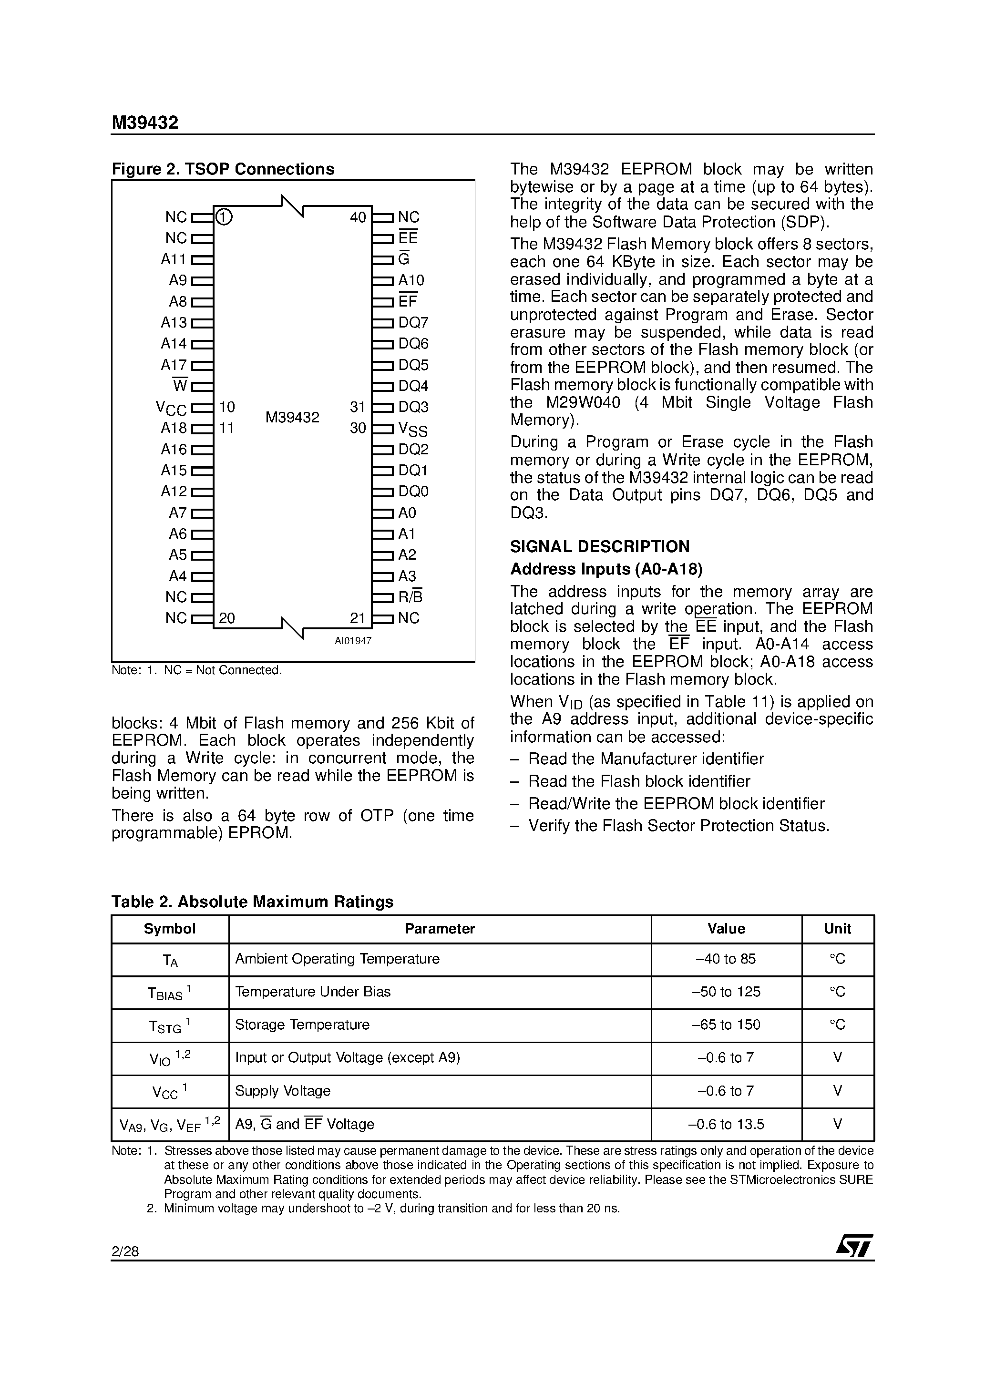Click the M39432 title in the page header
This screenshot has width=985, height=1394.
(x=144, y=123)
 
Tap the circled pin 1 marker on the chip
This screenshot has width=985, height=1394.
(x=224, y=217)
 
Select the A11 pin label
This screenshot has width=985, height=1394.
(x=174, y=259)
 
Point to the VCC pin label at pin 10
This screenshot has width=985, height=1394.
(x=171, y=409)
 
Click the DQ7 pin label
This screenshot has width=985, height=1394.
(x=413, y=322)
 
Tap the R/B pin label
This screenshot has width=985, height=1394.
(x=410, y=597)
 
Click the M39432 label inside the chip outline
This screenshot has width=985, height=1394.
(x=292, y=418)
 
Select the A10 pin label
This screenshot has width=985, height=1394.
(x=411, y=280)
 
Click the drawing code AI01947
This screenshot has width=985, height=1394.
(x=353, y=641)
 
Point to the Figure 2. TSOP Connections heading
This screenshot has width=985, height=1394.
(x=223, y=169)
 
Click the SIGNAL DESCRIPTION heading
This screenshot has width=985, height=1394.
(x=599, y=546)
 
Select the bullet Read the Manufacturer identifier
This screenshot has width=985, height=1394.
(x=646, y=759)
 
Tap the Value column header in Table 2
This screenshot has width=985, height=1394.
(x=726, y=928)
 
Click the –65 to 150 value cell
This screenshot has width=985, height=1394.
(x=726, y=1025)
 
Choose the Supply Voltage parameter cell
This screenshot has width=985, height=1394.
(x=283, y=1091)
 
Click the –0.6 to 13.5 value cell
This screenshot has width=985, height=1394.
(x=726, y=1125)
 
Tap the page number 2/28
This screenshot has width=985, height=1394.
(x=125, y=1251)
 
